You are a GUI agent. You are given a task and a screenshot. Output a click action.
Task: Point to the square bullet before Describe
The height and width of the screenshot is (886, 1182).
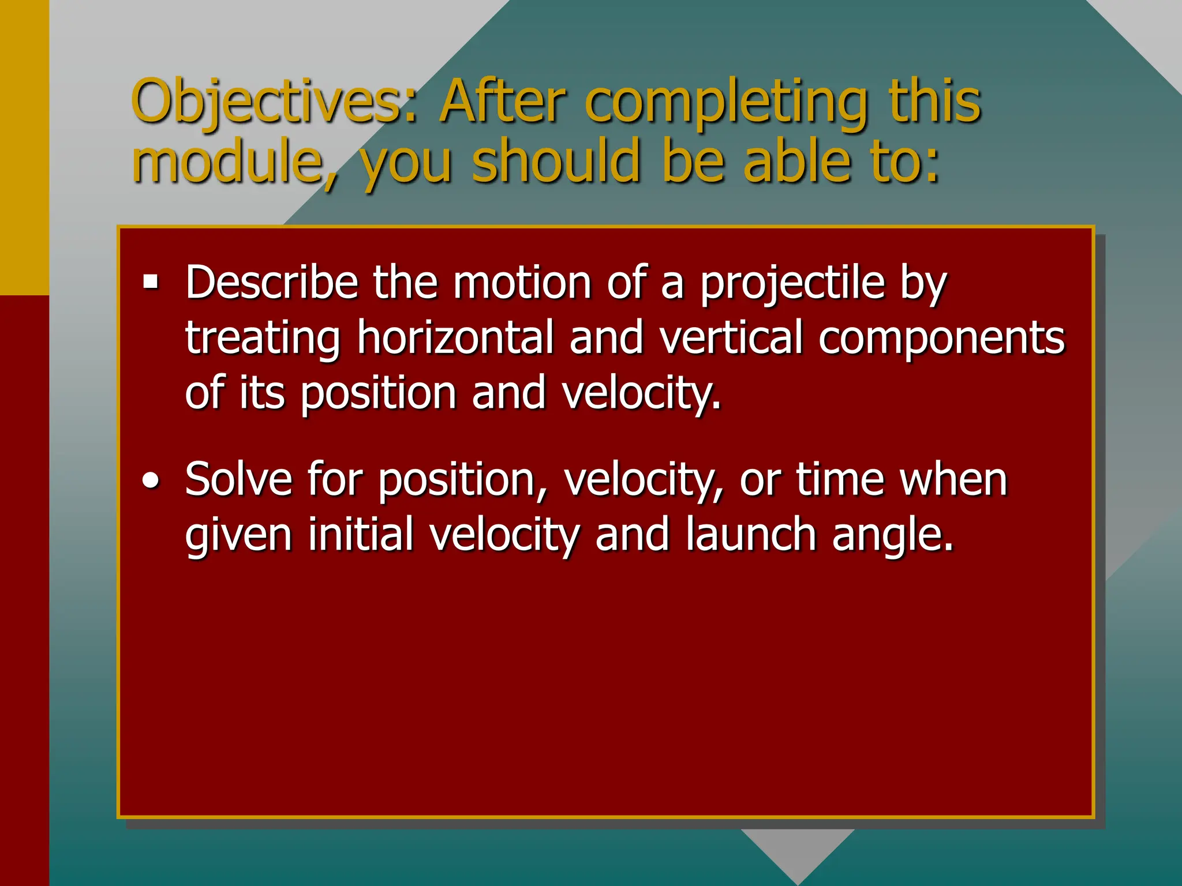tap(151, 282)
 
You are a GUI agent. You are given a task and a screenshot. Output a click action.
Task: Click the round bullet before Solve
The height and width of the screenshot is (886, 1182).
tap(151, 480)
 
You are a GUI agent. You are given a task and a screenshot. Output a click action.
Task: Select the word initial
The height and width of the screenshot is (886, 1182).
tap(360, 534)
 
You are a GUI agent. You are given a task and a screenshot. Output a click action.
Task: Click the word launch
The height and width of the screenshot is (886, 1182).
tap(751, 534)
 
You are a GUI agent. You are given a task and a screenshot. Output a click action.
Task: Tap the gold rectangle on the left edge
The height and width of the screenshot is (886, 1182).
tap(24, 147)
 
